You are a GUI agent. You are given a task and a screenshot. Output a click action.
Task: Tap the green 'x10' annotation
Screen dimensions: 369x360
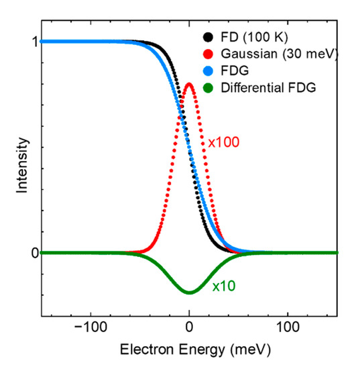pyautogui.click(x=224, y=286)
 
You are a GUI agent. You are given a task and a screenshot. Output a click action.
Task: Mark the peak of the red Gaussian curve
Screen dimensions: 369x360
pyautogui.click(x=189, y=84)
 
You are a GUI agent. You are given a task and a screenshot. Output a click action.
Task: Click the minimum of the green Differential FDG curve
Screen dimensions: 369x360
pyautogui.click(x=189, y=293)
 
